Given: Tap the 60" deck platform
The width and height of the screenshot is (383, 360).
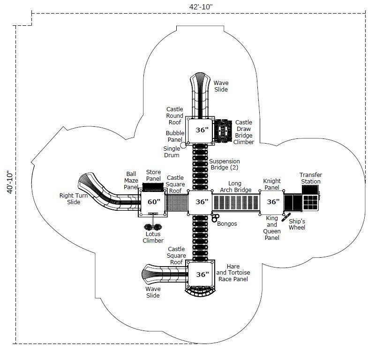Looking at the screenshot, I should pyautogui.click(x=153, y=202).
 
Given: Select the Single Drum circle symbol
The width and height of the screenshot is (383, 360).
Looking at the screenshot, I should pyautogui.click(x=183, y=146).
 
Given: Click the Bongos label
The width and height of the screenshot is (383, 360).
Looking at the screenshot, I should pyautogui.click(x=227, y=224).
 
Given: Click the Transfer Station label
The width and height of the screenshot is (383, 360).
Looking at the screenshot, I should pyautogui.click(x=310, y=178).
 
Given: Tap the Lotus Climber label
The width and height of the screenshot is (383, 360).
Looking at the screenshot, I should pyautogui.click(x=153, y=237).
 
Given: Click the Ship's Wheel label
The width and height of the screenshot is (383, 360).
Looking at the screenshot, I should pyautogui.click(x=297, y=224).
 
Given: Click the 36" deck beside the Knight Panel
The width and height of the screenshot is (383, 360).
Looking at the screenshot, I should pyautogui.click(x=273, y=202).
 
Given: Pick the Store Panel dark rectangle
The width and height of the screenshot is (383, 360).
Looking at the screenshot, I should pyautogui.click(x=153, y=187).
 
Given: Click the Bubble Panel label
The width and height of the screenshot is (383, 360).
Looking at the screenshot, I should pyautogui.click(x=175, y=136).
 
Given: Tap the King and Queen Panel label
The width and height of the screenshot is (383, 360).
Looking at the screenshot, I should pyautogui.click(x=271, y=228).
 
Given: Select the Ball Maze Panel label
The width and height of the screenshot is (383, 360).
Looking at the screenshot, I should pyautogui.click(x=131, y=180).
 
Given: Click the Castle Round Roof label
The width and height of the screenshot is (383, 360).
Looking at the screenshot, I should pyautogui.click(x=175, y=116).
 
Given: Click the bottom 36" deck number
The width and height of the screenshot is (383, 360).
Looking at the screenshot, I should pyautogui.click(x=202, y=275).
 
